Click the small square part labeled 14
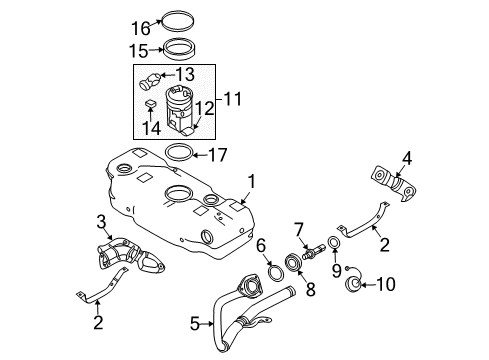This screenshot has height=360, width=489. coord(150,103)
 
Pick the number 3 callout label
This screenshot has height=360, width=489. coord(101,221)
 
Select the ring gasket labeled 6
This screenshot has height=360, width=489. coord(272,274)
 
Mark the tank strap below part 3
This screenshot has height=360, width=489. coord(105,296)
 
